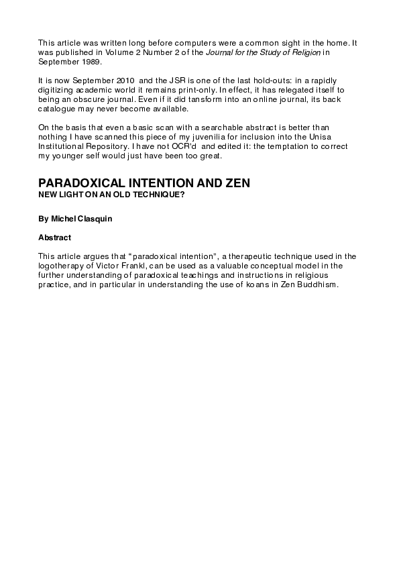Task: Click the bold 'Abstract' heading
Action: coord(55,237)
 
